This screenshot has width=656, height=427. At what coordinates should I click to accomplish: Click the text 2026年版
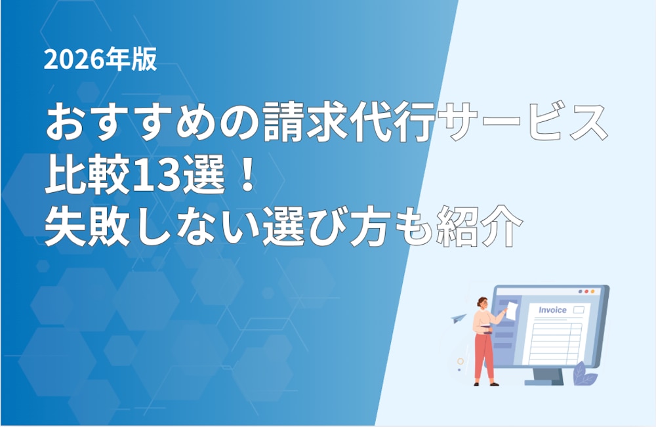coord(100,59)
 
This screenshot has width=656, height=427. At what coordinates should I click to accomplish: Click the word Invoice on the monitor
coord(552,310)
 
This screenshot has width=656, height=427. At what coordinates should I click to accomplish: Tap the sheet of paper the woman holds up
coord(512,311)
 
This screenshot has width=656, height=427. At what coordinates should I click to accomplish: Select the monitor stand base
coord(544,382)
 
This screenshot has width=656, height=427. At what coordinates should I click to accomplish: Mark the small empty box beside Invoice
coord(578,310)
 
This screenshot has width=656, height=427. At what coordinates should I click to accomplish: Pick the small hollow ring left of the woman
coord(461,361)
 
